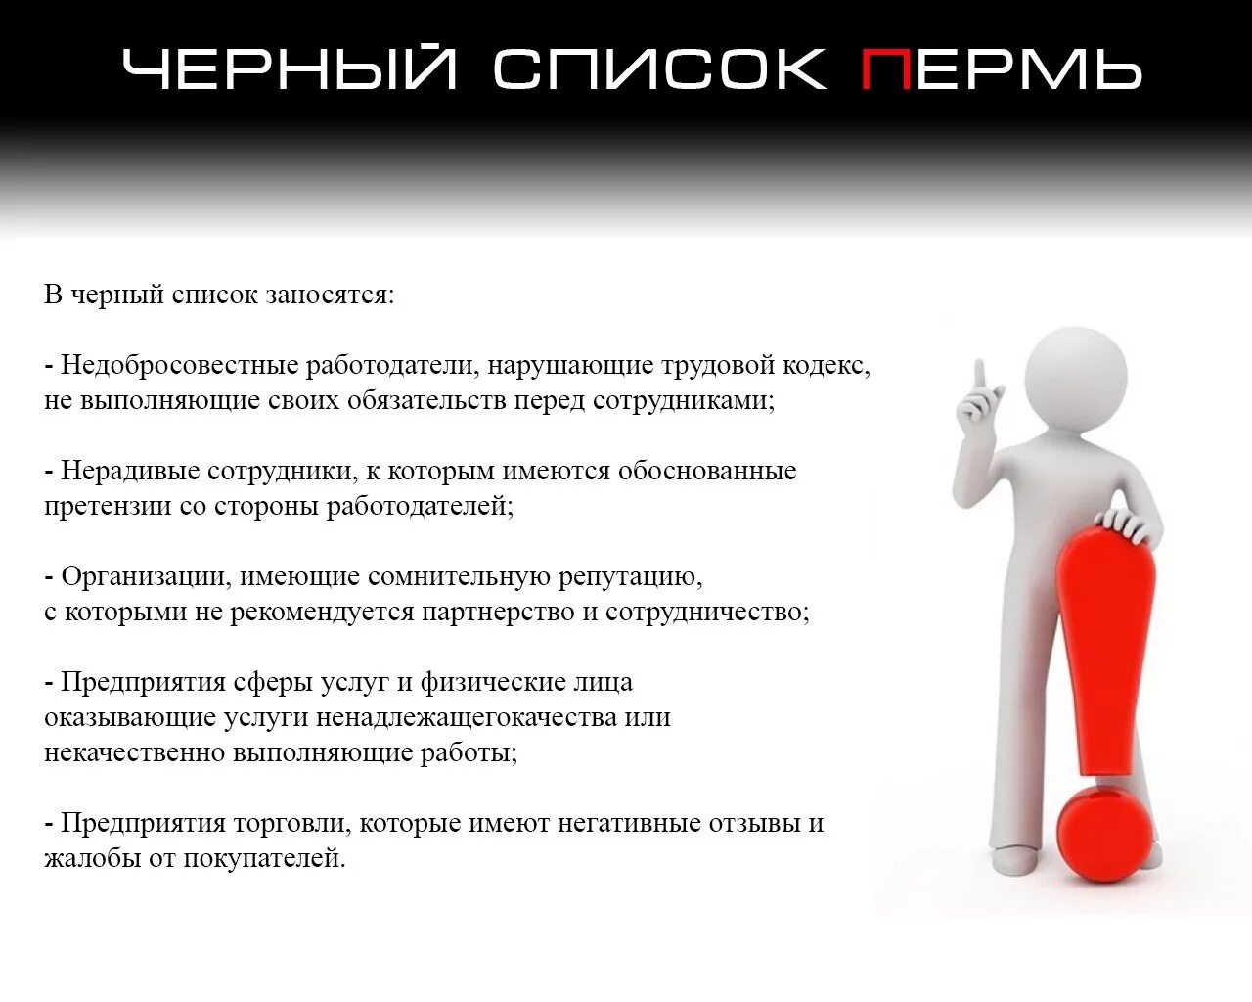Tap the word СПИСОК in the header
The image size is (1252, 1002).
point(660,69)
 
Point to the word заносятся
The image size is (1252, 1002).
point(330,295)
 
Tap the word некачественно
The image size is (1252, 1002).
point(134,752)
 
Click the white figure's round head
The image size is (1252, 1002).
point(1075,374)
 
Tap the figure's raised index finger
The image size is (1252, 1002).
point(978,377)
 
